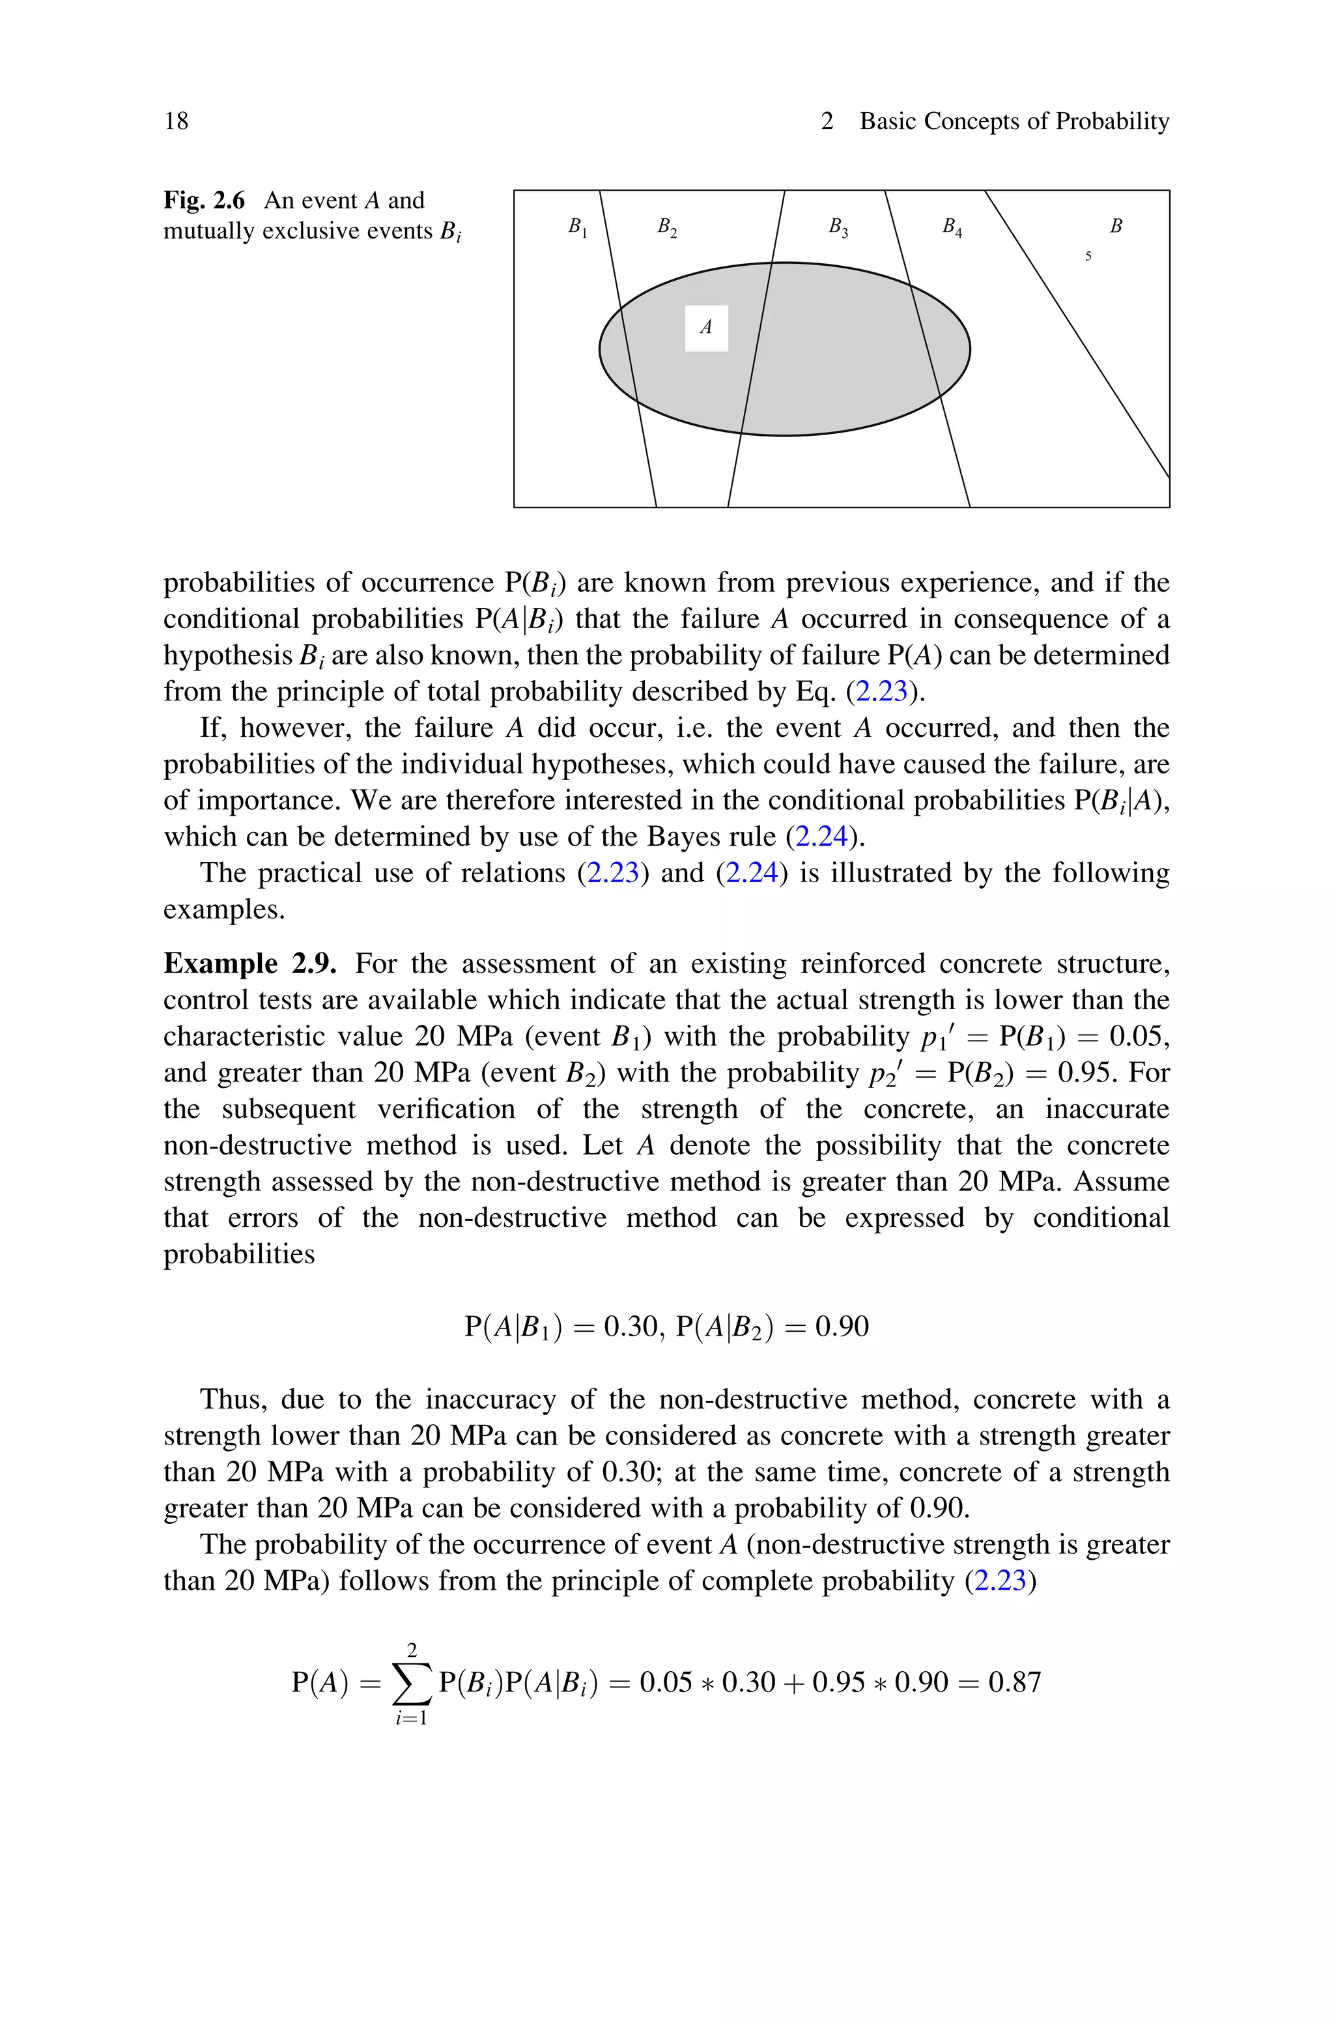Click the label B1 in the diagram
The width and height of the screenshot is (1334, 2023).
(578, 227)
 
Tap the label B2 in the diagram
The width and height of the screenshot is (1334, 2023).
(667, 227)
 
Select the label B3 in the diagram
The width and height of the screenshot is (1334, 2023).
(839, 227)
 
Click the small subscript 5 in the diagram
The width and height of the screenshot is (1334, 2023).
(1088, 255)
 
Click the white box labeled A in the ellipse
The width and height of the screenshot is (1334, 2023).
(706, 328)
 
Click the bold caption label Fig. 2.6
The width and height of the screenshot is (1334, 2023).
(204, 201)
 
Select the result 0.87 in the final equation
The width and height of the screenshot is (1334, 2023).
(1015, 1683)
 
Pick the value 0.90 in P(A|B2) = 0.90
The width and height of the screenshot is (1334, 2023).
(842, 1327)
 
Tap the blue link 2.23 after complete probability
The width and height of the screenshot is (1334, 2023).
(1000, 1581)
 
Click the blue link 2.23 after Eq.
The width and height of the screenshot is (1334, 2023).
(881, 692)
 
